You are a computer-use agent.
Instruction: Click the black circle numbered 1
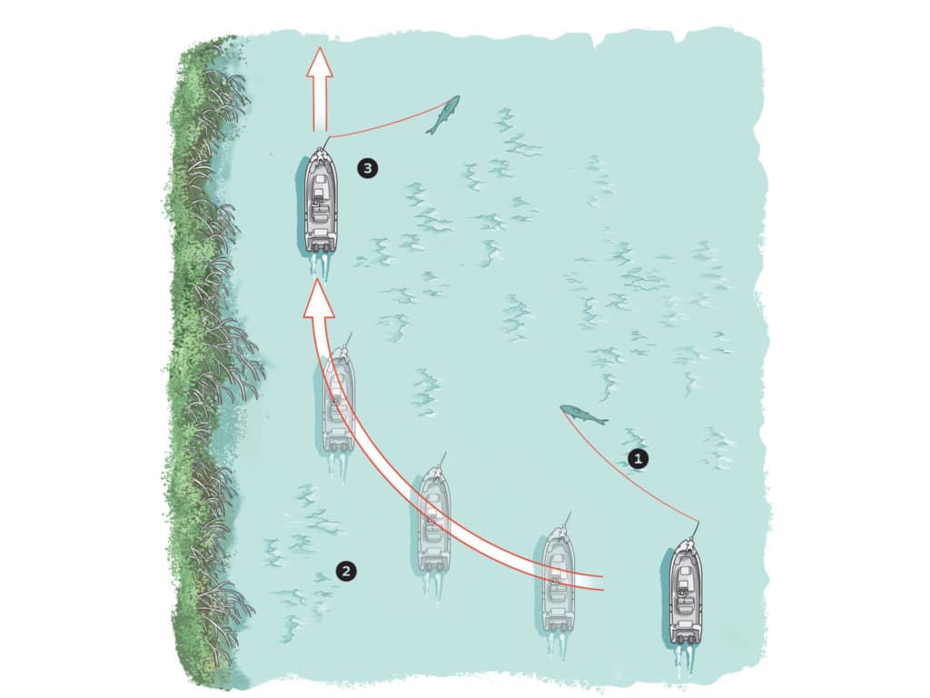(638, 459)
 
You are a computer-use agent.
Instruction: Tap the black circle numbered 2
(346, 571)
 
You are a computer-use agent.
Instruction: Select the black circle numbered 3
(368, 168)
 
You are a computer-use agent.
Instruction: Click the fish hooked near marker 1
(584, 414)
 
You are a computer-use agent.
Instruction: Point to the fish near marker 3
(442, 115)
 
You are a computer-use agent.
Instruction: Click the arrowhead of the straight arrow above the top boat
(320, 62)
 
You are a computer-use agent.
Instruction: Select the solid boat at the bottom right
(686, 593)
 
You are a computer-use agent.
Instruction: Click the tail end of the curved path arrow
(601, 583)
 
